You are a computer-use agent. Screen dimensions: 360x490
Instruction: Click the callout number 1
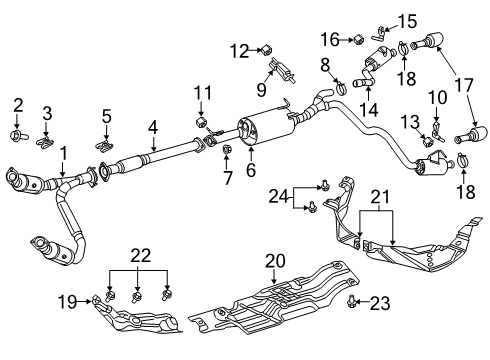coord(63,153)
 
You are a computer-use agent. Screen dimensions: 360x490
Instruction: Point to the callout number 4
coord(152,127)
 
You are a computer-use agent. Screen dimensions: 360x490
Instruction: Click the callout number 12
coord(238,49)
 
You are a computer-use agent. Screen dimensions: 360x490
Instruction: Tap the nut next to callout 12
coord(267,47)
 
